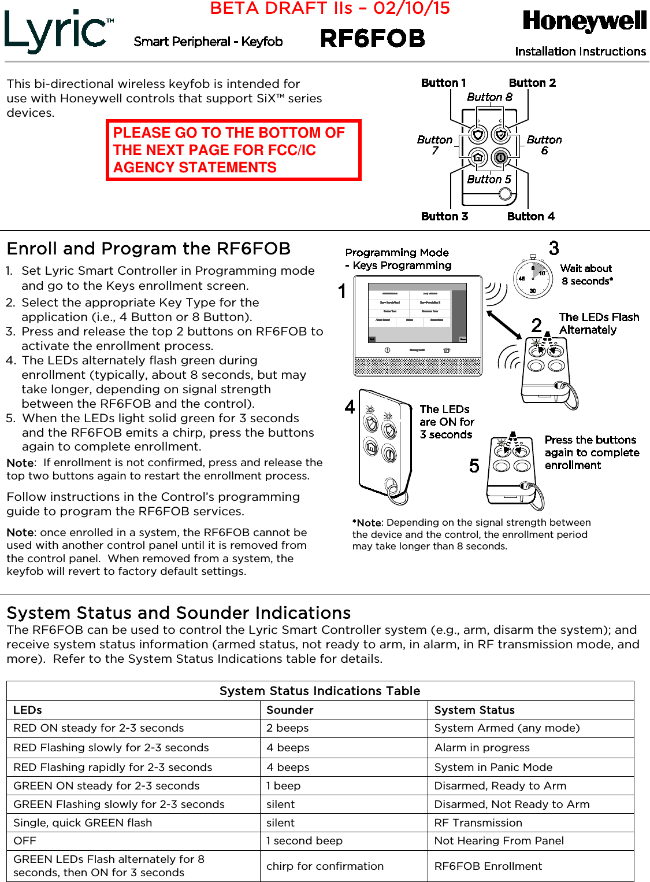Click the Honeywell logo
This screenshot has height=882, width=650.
(x=584, y=21)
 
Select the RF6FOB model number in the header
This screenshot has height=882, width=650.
(x=373, y=39)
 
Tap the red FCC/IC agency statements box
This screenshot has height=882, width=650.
(x=233, y=150)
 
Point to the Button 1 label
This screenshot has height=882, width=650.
(x=443, y=83)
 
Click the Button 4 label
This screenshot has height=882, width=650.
(x=530, y=216)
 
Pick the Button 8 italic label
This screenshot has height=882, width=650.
(x=489, y=97)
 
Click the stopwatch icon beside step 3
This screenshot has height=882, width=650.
(x=532, y=278)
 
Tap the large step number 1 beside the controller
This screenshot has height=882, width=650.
(x=342, y=290)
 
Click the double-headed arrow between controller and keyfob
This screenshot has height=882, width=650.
(x=504, y=324)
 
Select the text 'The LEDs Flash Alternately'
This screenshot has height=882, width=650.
(x=599, y=323)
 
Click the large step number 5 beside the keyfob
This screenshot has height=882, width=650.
(x=474, y=466)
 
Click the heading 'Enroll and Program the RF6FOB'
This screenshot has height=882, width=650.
(x=148, y=249)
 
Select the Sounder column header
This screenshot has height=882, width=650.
(x=289, y=710)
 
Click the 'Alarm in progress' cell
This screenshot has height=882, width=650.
(x=482, y=748)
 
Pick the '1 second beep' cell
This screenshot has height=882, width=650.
(x=304, y=841)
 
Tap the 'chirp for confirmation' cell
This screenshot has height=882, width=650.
(x=325, y=866)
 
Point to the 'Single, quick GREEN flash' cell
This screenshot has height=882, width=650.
(x=83, y=823)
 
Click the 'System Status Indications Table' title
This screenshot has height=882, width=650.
(x=320, y=691)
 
